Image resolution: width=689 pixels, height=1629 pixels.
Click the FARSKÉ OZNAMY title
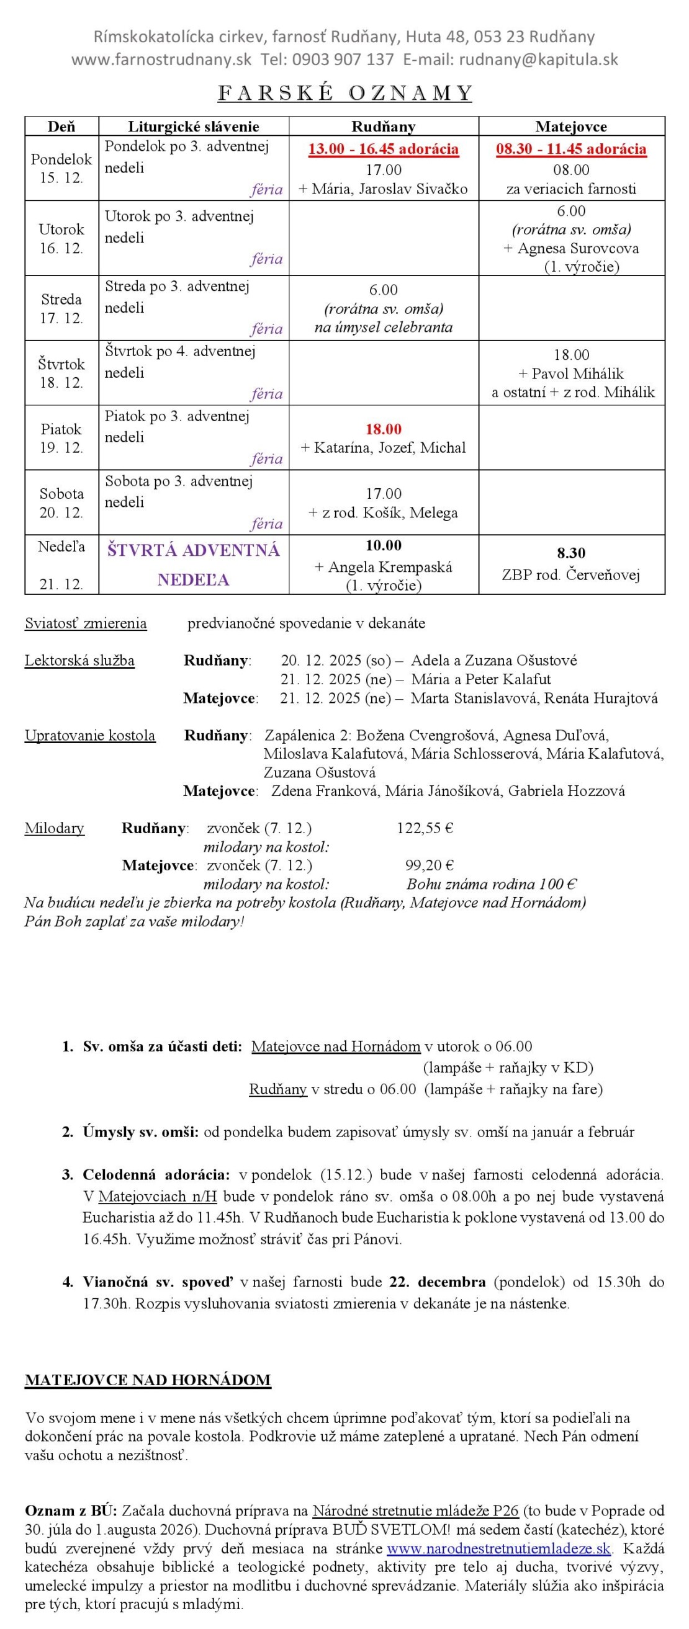[x=345, y=93]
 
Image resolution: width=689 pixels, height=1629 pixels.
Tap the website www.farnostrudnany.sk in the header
[x=161, y=60]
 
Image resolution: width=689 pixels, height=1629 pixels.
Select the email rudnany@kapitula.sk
[x=538, y=60]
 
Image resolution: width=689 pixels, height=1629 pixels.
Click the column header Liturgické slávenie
[x=194, y=127]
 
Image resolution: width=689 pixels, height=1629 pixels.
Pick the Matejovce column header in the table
[x=570, y=127]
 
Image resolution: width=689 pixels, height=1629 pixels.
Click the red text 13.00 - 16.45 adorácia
[x=384, y=150]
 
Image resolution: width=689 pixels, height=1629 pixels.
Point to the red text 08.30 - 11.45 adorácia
[x=570, y=150]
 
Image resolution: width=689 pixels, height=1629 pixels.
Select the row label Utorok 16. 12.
[x=61, y=238]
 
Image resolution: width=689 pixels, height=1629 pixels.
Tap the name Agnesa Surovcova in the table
[x=578, y=248]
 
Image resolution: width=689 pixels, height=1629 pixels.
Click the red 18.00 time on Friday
[x=384, y=429]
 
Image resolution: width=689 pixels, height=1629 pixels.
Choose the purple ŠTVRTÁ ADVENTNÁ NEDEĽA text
[x=194, y=564]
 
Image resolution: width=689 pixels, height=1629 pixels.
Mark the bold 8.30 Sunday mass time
[x=570, y=553]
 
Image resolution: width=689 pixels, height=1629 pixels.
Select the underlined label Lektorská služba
[x=79, y=661]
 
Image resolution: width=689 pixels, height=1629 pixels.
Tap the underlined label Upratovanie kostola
[x=90, y=736]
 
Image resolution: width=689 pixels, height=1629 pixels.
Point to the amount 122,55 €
[x=425, y=828]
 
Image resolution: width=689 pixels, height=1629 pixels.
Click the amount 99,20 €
[x=430, y=865]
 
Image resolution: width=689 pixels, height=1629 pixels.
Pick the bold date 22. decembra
[x=437, y=1282]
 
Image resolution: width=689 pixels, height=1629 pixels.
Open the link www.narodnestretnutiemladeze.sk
[x=498, y=1549]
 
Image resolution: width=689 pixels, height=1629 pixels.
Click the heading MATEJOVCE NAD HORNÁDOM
[x=148, y=1380]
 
